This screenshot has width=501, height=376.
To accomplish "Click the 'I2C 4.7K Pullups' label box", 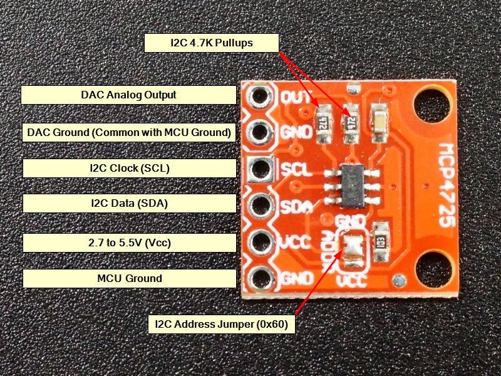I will [x=211, y=43].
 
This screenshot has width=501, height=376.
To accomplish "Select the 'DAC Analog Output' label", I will [x=128, y=95].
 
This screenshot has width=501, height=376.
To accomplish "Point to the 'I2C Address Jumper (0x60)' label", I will [x=221, y=325].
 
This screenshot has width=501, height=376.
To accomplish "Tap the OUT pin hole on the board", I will [x=259, y=96].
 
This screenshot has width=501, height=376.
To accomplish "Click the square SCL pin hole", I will [x=259, y=168].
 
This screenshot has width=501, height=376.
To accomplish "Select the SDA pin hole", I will [x=259, y=204].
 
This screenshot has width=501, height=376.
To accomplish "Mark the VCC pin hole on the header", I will [x=259, y=241].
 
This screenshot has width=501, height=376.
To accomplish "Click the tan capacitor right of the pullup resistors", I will [x=379, y=117].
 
